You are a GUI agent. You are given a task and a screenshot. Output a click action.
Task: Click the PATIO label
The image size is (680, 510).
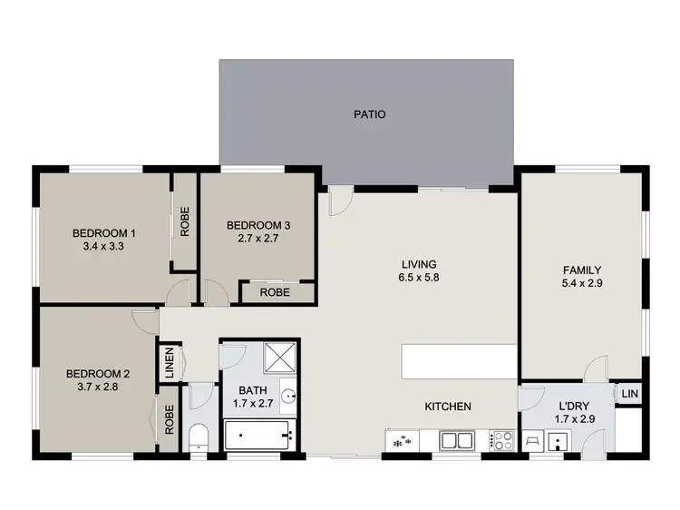tap(369, 114)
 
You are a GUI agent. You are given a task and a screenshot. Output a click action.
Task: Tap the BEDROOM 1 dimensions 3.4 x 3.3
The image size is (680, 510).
tap(103, 245)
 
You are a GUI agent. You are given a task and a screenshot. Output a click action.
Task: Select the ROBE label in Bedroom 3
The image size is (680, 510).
tap(275, 293)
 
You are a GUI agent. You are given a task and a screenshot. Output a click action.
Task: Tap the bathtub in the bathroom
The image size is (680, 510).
tap(260, 437)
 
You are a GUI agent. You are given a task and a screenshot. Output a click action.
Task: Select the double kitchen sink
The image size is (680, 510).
tap(455, 440)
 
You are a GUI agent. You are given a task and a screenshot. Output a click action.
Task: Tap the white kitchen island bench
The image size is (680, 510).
tap(459, 362)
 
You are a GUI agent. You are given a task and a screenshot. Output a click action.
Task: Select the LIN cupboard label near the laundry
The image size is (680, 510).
tap(628, 395)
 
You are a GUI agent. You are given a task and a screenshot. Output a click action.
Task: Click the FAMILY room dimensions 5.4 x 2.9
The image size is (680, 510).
tap(581, 282)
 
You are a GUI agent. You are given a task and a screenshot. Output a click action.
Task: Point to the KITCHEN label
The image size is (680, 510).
tap(448, 407)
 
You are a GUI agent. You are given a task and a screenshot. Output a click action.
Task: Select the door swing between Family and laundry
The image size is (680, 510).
tap(596, 369)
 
